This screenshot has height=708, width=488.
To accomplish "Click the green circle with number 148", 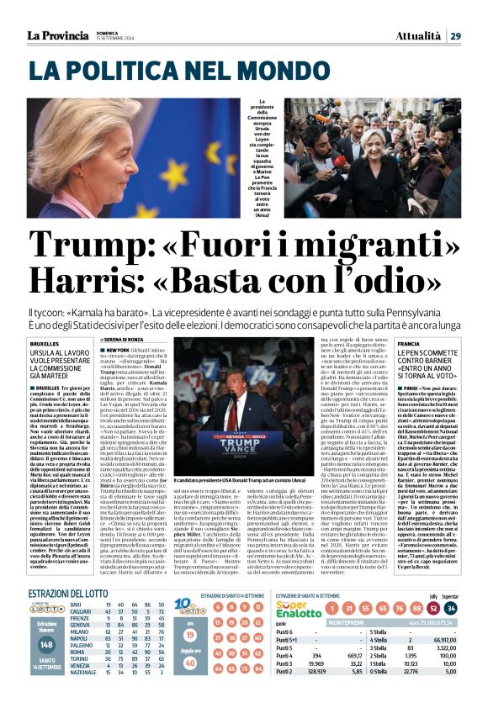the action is coord(47,667).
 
